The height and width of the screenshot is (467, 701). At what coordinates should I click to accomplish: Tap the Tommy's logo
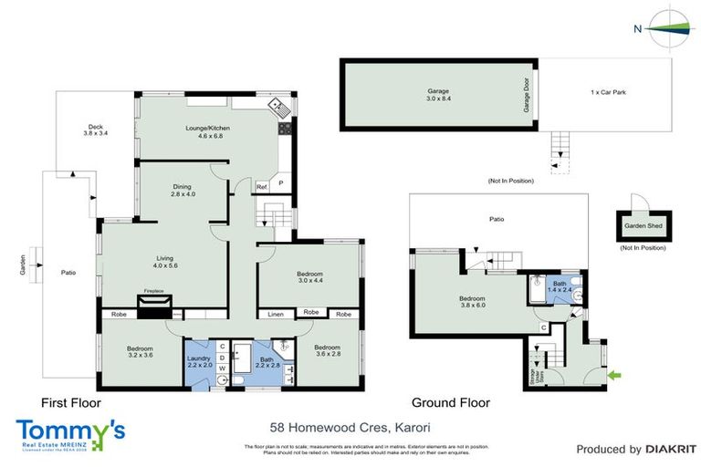coord(69,432)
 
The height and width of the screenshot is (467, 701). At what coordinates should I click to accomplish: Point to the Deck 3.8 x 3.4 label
coord(95,130)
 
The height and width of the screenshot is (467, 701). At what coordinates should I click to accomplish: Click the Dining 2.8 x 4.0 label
coord(183,191)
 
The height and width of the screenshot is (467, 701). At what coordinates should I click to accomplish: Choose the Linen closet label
coord(275,314)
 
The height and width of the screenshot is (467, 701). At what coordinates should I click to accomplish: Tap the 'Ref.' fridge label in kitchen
coord(261,187)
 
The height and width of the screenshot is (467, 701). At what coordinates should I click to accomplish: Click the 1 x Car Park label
coord(608,92)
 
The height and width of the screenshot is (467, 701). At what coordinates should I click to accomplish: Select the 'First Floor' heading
coord(70,402)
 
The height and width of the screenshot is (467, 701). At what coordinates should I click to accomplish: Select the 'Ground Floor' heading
coord(450,402)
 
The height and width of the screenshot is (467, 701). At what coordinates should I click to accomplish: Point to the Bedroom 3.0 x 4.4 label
coord(309,277)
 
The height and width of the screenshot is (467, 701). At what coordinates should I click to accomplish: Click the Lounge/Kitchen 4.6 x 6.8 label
coord(207,132)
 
